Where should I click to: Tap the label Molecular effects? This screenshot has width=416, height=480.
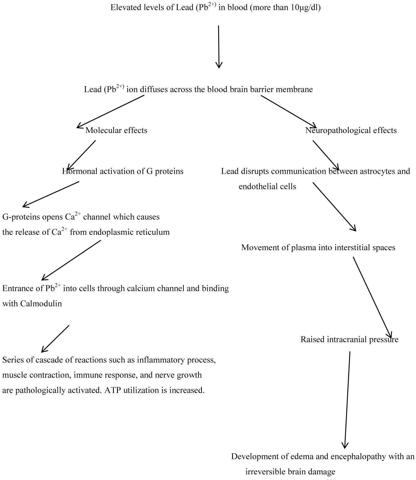(x=116, y=130)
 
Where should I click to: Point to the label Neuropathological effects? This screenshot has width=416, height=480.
(x=351, y=130)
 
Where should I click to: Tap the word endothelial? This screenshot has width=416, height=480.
(x=255, y=187)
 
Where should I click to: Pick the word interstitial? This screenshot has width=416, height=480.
(x=357, y=247)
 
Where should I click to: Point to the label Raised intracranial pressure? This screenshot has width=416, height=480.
(x=349, y=339)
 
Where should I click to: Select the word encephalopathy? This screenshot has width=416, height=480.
(x=358, y=456)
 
